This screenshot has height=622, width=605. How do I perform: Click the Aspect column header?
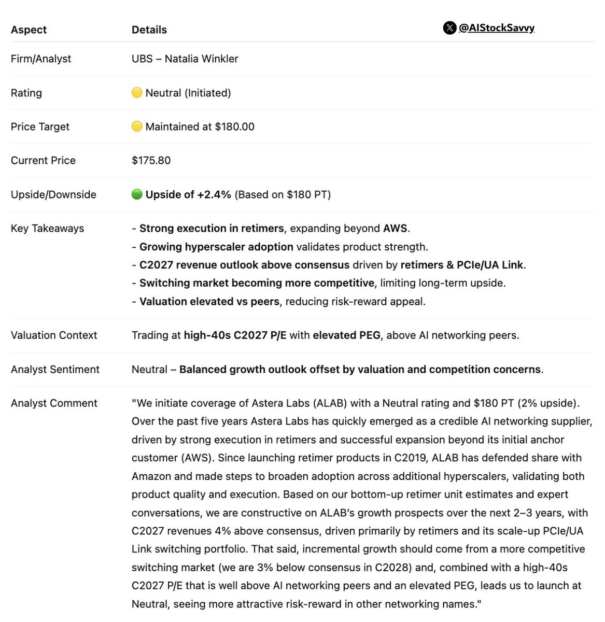pyautogui.click(x=29, y=30)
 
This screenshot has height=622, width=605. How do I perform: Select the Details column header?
pyautogui.click(x=149, y=30)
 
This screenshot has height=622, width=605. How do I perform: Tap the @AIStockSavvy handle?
pyautogui.click(x=496, y=28)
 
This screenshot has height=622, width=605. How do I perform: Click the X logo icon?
pyautogui.click(x=449, y=28)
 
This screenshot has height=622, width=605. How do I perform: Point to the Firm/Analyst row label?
pyautogui.click(x=41, y=59)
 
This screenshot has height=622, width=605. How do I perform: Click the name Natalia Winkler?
pyautogui.click(x=201, y=59)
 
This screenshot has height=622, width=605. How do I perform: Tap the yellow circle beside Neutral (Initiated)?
pyautogui.click(x=137, y=93)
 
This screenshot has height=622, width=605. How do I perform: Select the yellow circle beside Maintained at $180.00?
pyautogui.click(x=137, y=126)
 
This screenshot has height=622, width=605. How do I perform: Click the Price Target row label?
pyautogui.click(x=40, y=127)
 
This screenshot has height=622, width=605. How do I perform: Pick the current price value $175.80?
pyautogui.click(x=151, y=161)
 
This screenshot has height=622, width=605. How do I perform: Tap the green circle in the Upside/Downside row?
pyautogui.click(x=137, y=194)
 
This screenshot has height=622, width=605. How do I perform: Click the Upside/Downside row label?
pyautogui.click(x=53, y=195)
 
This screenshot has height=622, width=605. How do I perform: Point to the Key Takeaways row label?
pyautogui.click(x=47, y=229)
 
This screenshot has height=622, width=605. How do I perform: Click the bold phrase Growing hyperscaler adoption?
pyautogui.click(x=216, y=247)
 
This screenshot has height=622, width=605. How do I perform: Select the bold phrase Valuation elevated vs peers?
pyautogui.click(x=209, y=302)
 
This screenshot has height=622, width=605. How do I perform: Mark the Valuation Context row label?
pyautogui.click(x=54, y=335)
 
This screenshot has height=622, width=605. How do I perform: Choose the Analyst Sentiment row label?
pyautogui.click(x=55, y=370)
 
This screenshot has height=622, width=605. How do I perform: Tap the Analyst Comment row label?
pyautogui.click(x=54, y=403)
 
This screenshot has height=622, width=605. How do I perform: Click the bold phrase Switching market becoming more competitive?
pyautogui.click(x=257, y=283)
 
